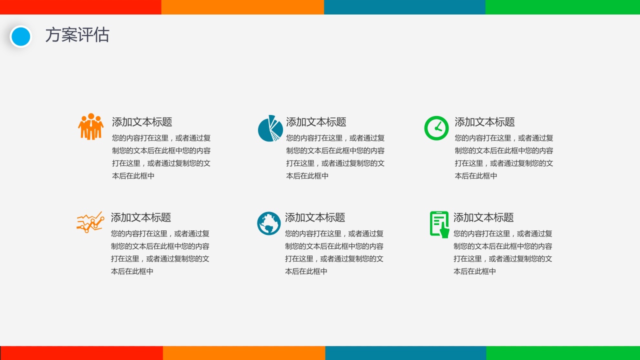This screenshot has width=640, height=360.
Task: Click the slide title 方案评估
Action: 77,35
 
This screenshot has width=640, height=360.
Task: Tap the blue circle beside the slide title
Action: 20,36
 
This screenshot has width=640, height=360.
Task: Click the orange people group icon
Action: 91,126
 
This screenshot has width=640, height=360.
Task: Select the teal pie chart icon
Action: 270,128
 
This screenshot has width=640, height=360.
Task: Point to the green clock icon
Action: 436,128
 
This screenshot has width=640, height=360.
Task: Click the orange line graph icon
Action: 90,222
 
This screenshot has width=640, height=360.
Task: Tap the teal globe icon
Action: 268,223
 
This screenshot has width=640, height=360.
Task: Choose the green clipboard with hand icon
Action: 439,224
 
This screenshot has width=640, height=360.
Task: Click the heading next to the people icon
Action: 142,122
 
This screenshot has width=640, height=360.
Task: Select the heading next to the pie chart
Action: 316,122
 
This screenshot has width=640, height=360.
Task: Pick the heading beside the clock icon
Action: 484,122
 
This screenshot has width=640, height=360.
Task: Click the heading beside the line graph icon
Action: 141,217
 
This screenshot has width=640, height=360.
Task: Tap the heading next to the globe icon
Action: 315,217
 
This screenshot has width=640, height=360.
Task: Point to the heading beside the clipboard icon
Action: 483,217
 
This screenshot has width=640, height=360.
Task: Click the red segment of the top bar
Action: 80,7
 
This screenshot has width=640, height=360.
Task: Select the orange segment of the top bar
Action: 242,7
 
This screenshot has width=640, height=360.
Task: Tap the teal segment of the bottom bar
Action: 405,353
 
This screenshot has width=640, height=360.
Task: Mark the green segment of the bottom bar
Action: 563,353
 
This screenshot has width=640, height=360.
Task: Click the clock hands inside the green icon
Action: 438,128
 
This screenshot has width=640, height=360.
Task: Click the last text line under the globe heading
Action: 306,271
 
